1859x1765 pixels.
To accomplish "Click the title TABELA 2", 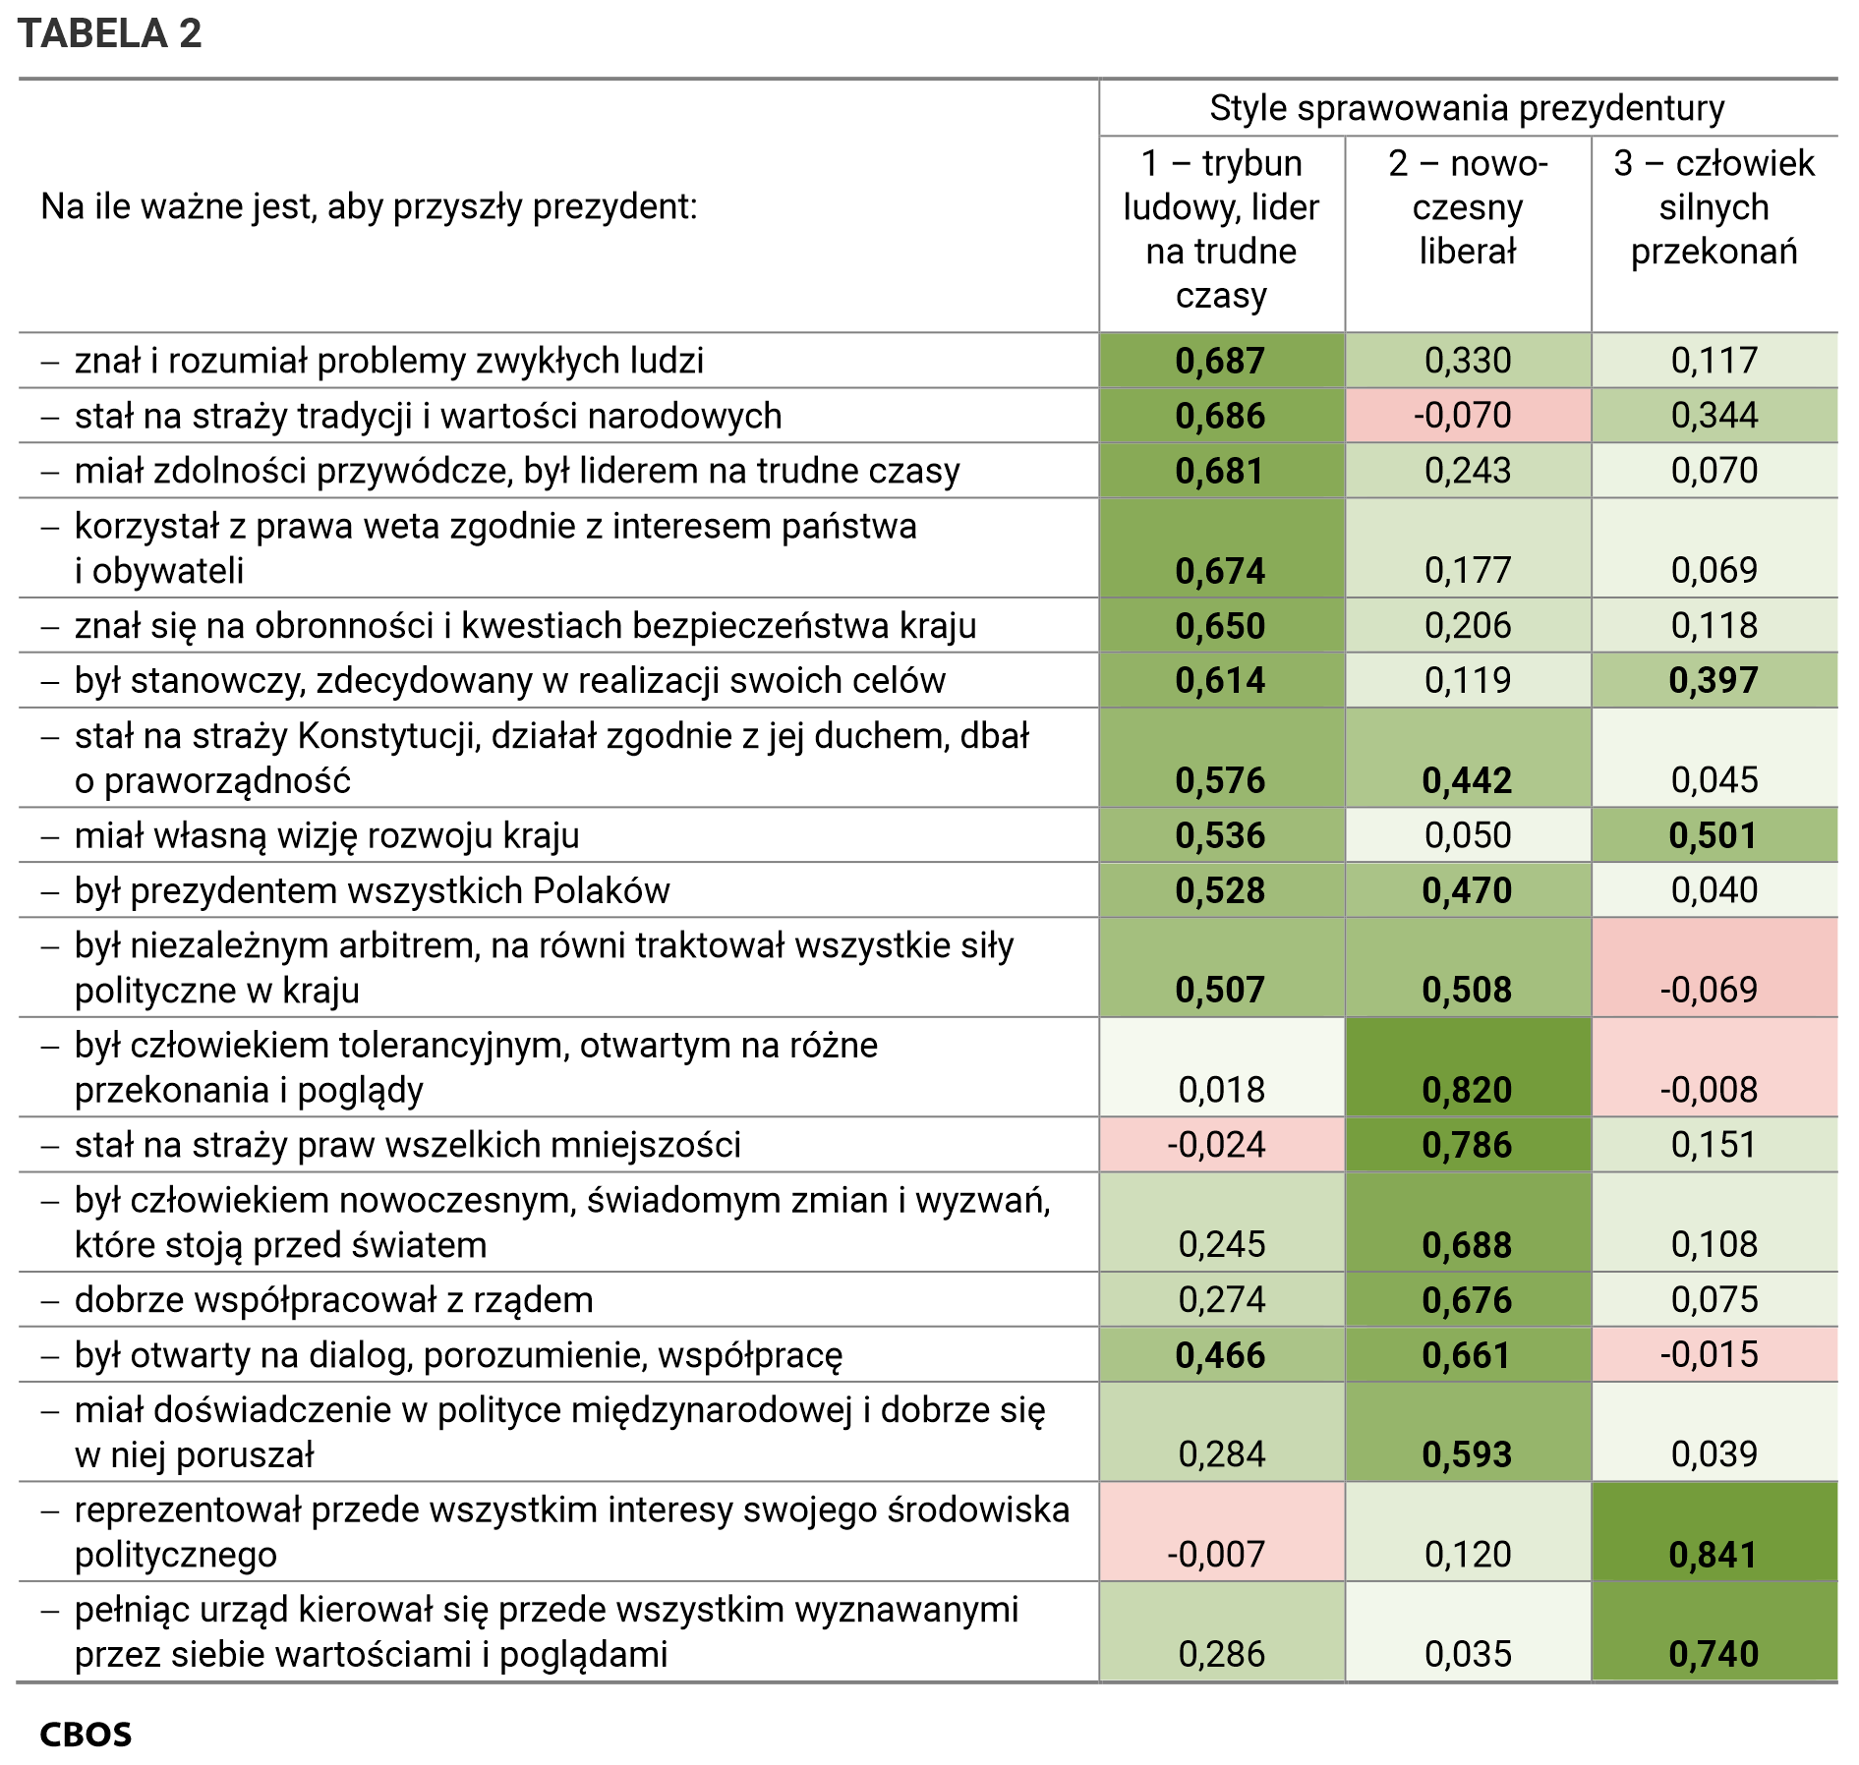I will pos(109,33).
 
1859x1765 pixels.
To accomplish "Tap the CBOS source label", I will pos(86,1734).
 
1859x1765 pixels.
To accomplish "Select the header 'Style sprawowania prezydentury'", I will pos(1467,108).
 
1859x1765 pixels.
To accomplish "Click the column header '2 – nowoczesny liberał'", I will pos(1467,207).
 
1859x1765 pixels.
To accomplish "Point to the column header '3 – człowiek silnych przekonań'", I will pos(1714,207).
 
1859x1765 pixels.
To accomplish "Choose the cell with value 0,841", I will pos(1713,1554).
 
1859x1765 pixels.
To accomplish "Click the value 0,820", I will pos(1467,1089).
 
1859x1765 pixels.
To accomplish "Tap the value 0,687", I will pos(1220,361).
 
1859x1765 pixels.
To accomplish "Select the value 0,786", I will pos(1467,1145).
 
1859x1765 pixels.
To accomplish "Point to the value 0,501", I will pos(1713,835).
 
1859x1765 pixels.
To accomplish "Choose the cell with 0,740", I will pos(1713,1654).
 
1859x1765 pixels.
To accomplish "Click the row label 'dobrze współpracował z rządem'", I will pos(333,1299).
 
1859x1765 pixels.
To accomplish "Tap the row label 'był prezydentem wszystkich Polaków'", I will pos(372,890).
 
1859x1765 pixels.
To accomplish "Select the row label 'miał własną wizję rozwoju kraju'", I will pos(326,835).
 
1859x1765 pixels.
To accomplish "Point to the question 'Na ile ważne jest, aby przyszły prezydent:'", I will pos(369,207).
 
